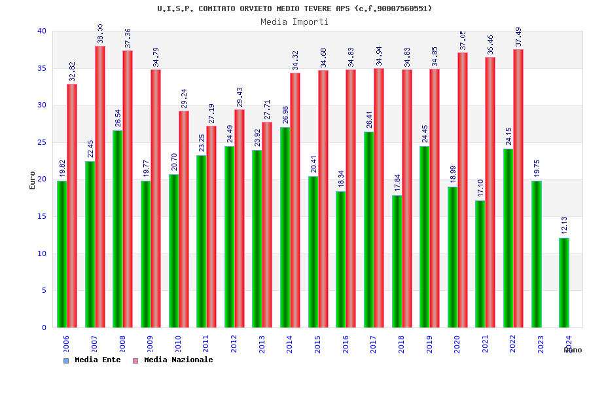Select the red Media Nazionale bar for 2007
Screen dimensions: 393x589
point(99,187)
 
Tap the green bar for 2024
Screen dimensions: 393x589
point(564,282)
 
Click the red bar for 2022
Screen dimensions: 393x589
point(518,188)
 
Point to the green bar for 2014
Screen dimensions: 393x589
point(285,227)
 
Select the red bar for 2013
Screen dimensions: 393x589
point(267,225)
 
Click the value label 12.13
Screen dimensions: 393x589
point(564,225)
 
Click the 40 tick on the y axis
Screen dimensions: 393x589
point(42,31)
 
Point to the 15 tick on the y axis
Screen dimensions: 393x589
point(42,216)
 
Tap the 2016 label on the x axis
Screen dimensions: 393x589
point(346,345)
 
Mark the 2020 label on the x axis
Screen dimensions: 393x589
point(457,345)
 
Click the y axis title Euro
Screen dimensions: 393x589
point(33,179)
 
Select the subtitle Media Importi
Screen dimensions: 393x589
point(294,22)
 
